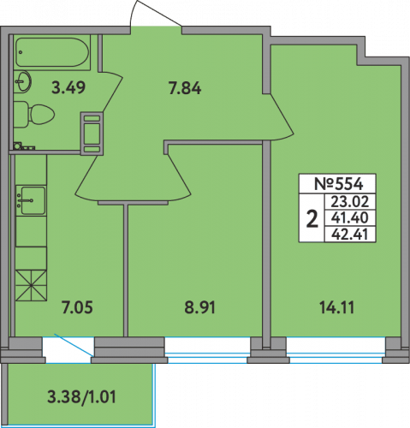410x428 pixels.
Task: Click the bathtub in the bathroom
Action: click(x=52, y=52)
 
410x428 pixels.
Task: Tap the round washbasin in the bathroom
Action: click(x=23, y=81)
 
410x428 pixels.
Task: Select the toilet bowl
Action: click(x=34, y=115)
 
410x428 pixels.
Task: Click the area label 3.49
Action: click(x=68, y=87)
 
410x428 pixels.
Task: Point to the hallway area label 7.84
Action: click(x=185, y=88)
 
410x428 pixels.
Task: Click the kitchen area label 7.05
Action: click(x=77, y=308)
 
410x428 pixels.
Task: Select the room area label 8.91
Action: click(x=199, y=308)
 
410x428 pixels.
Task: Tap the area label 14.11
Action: click(x=337, y=308)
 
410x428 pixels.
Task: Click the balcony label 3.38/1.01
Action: click(x=81, y=397)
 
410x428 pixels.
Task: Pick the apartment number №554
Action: click(x=339, y=184)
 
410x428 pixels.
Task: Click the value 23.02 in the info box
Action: click(x=350, y=202)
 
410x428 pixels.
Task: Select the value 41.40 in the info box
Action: click(x=350, y=218)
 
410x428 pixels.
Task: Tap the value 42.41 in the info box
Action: click(x=350, y=235)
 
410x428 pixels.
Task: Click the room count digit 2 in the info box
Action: click(x=312, y=218)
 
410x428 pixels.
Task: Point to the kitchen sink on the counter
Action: click(x=31, y=200)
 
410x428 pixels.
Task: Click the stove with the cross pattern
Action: click(x=31, y=285)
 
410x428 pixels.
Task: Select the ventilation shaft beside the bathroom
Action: click(x=92, y=134)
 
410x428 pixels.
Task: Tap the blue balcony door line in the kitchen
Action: click(x=74, y=345)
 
